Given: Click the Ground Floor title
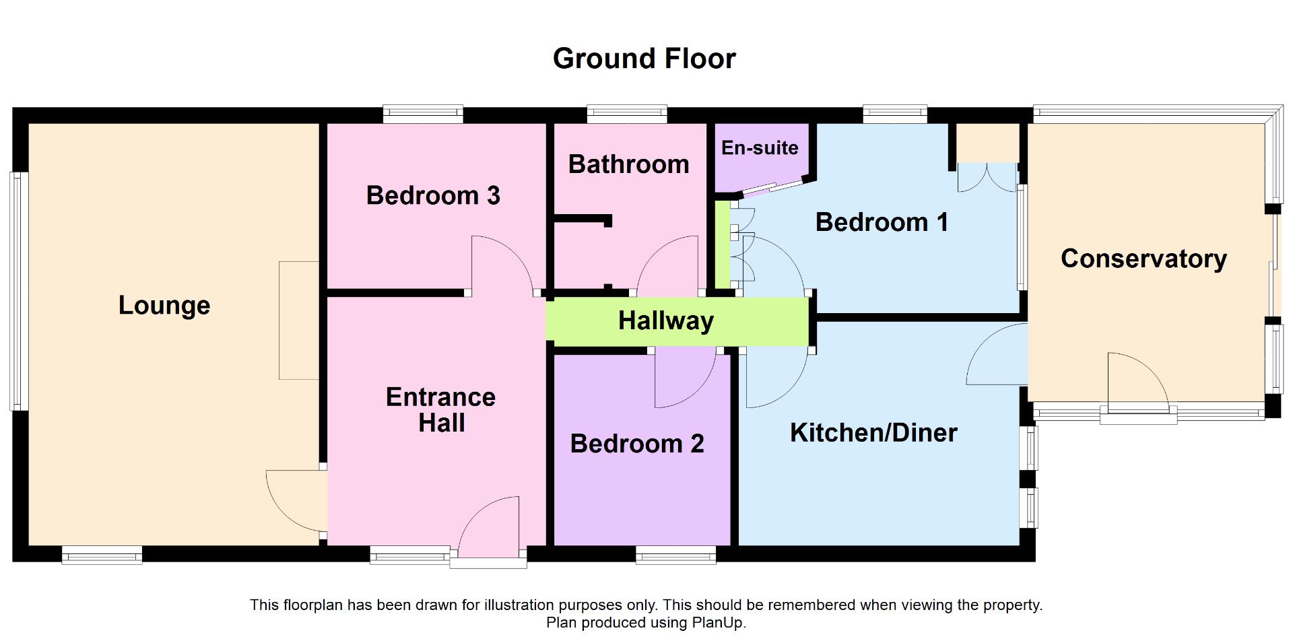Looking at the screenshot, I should tap(644, 59).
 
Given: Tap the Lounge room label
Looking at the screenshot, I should tap(164, 306).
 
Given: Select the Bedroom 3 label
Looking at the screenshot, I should tap(433, 195).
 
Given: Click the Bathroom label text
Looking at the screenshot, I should tap(628, 164).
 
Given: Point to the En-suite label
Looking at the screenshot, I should tap(760, 148).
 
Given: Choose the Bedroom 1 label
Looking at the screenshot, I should tap(882, 222).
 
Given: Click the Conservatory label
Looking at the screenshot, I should tap(1143, 259).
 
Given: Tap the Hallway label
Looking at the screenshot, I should tap(665, 321).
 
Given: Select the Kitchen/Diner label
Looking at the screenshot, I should tap(873, 433).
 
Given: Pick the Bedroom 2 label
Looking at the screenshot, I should tap(637, 444).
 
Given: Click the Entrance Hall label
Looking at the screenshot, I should tap(441, 410).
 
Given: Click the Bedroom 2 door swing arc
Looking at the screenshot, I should tap(684, 380).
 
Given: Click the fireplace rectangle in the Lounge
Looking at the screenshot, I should tap(298, 320).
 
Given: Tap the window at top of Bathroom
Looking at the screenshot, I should tap(626, 114).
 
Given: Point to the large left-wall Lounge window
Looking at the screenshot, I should tap(18, 291).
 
